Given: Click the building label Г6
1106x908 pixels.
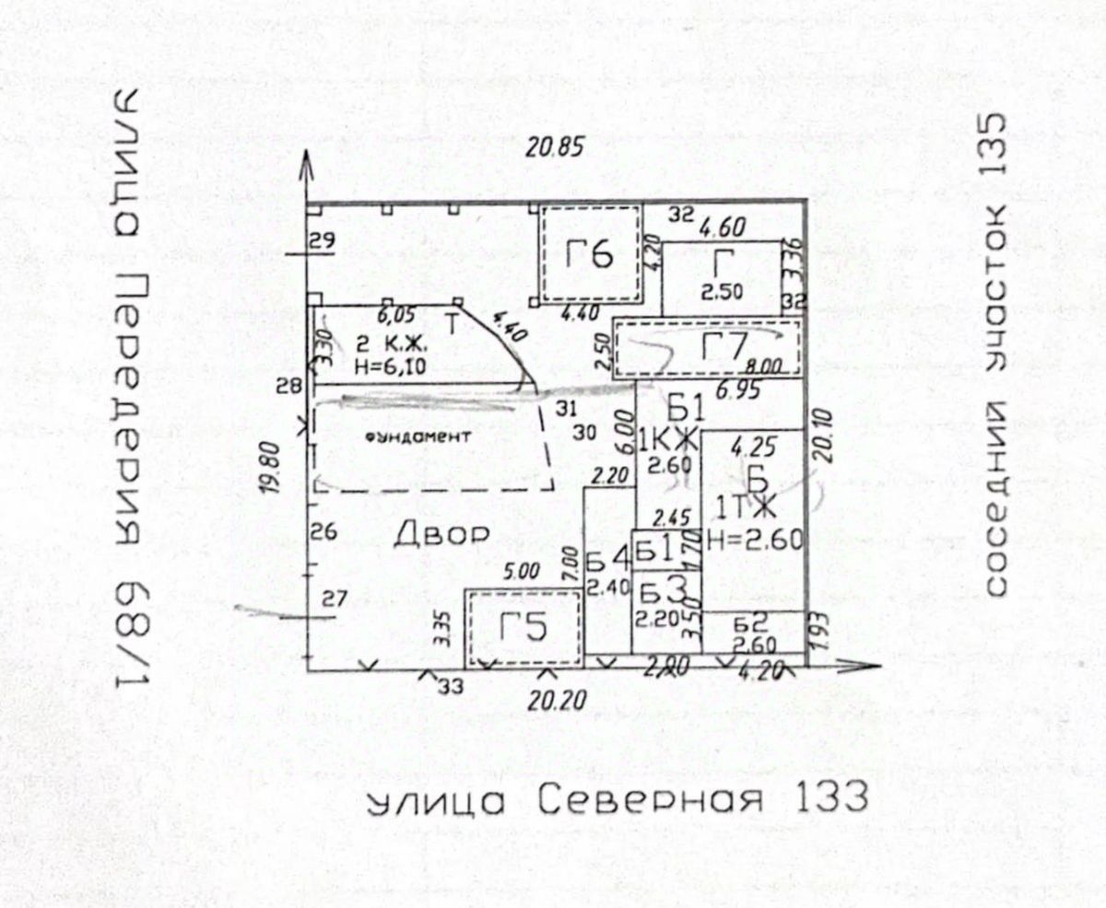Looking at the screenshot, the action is tap(590, 254).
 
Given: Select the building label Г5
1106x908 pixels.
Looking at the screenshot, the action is tap(524, 629).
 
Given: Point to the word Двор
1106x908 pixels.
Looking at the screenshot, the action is tap(441, 535).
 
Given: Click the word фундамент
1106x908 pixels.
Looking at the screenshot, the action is tap(418, 437).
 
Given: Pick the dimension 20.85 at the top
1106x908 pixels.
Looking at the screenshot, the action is tap(554, 146).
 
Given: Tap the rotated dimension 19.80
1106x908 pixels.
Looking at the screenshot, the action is tap(269, 467).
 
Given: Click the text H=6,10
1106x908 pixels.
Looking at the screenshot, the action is tap(390, 366).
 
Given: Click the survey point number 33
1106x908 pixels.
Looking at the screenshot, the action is tap(451, 685).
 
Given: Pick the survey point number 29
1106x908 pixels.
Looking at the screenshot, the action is tap(323, 242).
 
